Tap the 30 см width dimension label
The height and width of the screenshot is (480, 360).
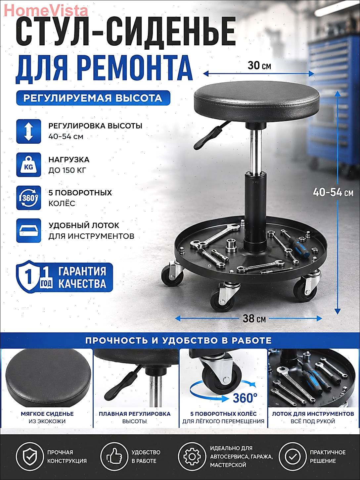tap(259, 66)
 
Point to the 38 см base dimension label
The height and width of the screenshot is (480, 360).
tap(254, 318)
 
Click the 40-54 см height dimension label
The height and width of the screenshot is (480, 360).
tap(333, 192)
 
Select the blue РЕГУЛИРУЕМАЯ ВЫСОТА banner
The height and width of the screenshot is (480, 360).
tap(93, 98)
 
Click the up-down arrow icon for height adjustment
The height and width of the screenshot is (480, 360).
tap(29, 131)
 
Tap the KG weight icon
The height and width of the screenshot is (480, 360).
tap(29, 165)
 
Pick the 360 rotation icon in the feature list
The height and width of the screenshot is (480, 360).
tap(29, 198)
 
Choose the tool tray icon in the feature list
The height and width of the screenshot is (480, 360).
tap(29, 230)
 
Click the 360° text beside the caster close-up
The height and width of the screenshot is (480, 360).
tap(245, 398)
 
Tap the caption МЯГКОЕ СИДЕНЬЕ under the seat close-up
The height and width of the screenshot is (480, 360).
tap(47, 414)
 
